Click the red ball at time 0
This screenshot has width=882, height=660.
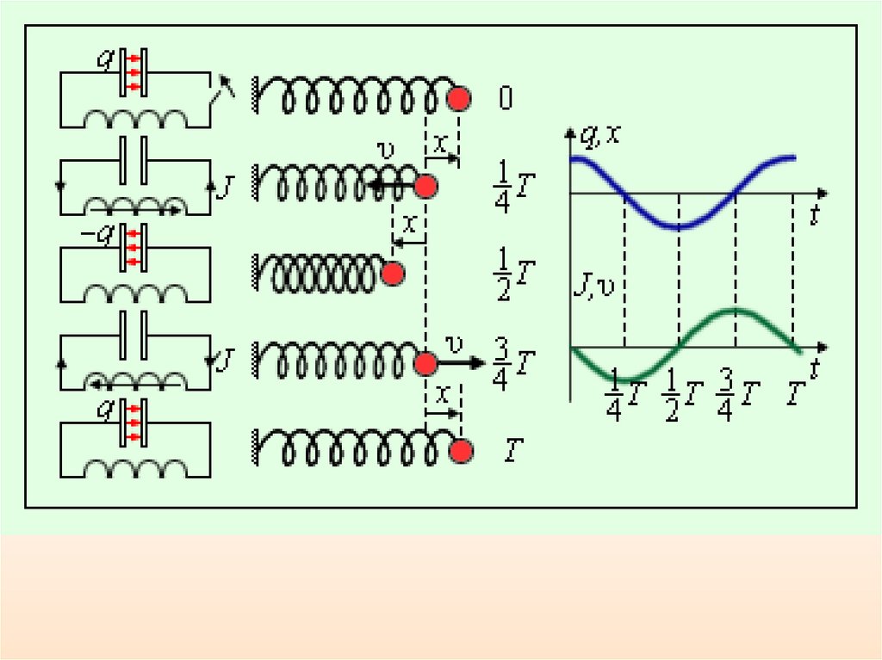[x=459, y=99]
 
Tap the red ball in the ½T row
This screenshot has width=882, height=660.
[x=393, y=274]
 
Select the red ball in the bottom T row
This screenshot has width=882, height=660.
[x=463, y=451]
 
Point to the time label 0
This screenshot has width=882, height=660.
[x=505, y=100]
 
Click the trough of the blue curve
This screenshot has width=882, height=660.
[x=680, y=227]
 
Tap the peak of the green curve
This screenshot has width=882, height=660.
[x=736, y=310]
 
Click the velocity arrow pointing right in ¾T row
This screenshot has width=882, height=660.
[x=461, y=363]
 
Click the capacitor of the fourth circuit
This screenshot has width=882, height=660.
[x=134, y=333]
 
